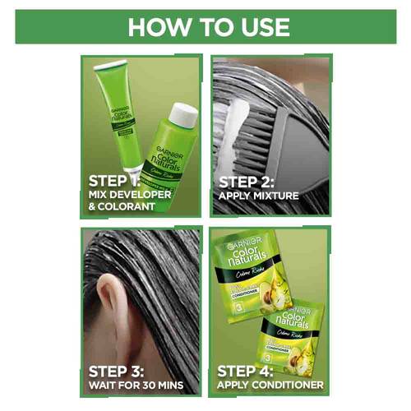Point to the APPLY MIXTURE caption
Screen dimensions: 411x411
pos(258,196)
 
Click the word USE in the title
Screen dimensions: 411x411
pos(259,26)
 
